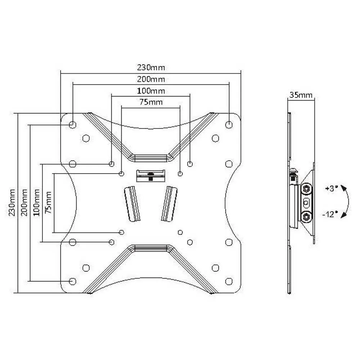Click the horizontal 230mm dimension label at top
[151, 68]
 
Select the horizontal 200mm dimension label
[151, 79]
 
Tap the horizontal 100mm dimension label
[151, 91]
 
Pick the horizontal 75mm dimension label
[151, 102]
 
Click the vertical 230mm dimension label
[12, 202]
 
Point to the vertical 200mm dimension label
[24, 202]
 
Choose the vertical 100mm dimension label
[36, 202]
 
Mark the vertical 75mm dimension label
[48, 202]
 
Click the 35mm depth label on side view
[301, 95]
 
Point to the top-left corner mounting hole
[73, 125]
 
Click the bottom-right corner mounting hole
[229, 281]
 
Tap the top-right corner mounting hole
[229, 125]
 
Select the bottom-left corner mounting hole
[73, 281]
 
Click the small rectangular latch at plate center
[150, 176]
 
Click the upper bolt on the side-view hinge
[306, 189]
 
